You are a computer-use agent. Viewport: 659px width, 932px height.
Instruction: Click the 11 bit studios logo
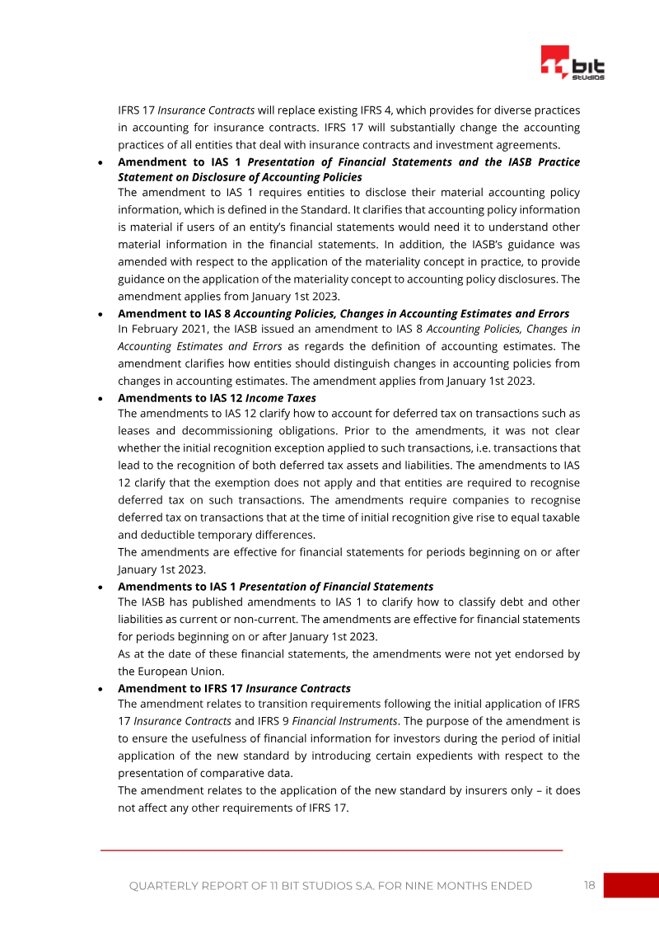pos(573,63)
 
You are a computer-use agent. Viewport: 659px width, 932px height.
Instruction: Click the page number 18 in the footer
pos(589,885)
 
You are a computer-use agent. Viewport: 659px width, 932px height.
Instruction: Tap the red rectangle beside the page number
pos(631,885)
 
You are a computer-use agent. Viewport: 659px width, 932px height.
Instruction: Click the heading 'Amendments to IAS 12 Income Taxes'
pos(217,398)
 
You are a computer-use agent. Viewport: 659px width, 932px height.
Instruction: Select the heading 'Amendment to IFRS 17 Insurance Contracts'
pos(234,688)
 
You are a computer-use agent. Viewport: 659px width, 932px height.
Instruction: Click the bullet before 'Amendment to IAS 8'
pos(100,314)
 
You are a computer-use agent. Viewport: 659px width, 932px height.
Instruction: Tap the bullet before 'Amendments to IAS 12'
pos(100,398)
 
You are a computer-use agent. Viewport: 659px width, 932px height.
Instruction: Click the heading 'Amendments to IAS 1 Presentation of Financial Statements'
pos(275,587)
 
